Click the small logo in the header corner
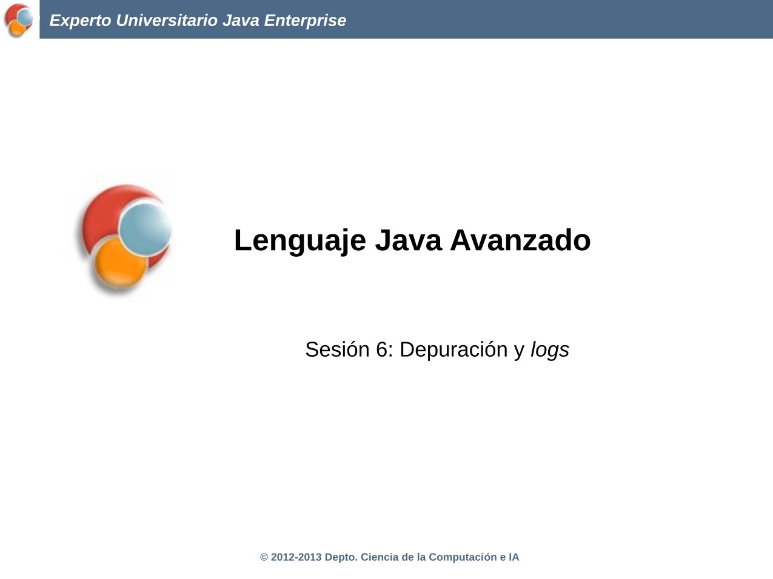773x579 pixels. tap(19, 20)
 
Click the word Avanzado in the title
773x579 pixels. tap(520, 240)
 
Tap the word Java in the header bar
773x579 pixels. tap(241, 21)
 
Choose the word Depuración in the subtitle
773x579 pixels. tap(453, 349)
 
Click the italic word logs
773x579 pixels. tap(550, 350)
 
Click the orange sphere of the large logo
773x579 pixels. tap(120, 264)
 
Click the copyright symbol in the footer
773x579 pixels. tap(264, 557)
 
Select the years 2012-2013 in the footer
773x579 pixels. tap(296, 557)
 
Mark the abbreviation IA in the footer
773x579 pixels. tap(514, 557)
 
